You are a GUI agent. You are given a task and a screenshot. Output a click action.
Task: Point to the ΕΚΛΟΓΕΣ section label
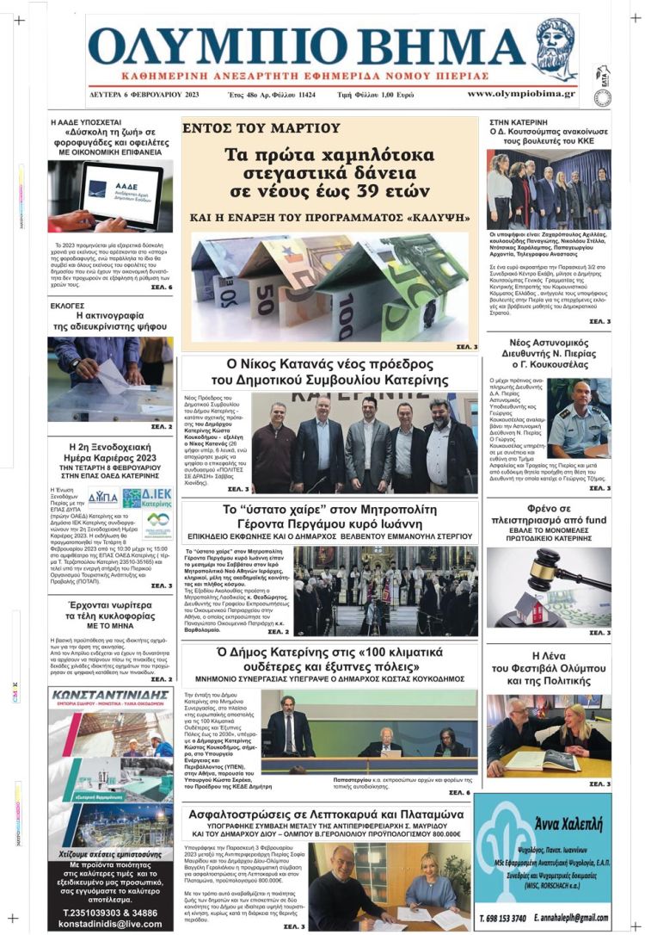coord(68,306)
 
